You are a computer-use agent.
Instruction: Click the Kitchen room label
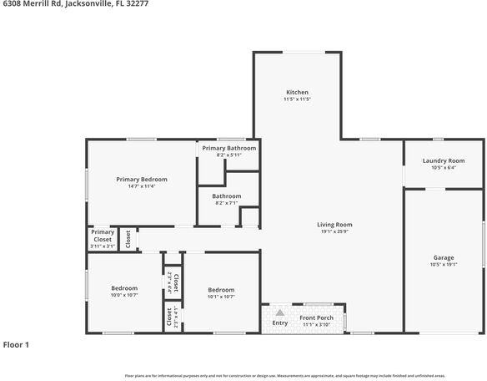click(298, 92)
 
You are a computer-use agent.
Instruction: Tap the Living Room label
click(334, 224)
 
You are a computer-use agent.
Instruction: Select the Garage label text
click(444, 257)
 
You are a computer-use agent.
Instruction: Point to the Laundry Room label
click(444, 160)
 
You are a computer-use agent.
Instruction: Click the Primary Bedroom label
click(142, 179)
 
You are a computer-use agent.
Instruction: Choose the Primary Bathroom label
click(228, 148)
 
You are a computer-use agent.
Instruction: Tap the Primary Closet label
click(103, 236)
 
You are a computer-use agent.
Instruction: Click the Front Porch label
click(317, 317)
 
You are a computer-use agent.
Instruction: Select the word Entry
click(280, 323)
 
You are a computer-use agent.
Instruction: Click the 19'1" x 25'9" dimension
click(334, 231)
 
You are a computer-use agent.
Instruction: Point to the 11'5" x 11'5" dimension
click(298, 99)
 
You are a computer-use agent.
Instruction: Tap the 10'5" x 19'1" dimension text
click(444, 265)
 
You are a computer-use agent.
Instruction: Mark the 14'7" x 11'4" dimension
click(142, 186)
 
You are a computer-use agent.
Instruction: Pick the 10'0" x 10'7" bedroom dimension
click(124, 295)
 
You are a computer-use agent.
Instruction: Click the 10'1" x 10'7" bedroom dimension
click(221, 297)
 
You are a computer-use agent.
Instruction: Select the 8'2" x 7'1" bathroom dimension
click(227, 203)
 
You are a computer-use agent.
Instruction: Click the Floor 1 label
click(16, 344)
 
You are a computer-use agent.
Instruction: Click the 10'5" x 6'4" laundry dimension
click(444, 168)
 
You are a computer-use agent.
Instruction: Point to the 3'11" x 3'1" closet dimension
click(103, 246)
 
